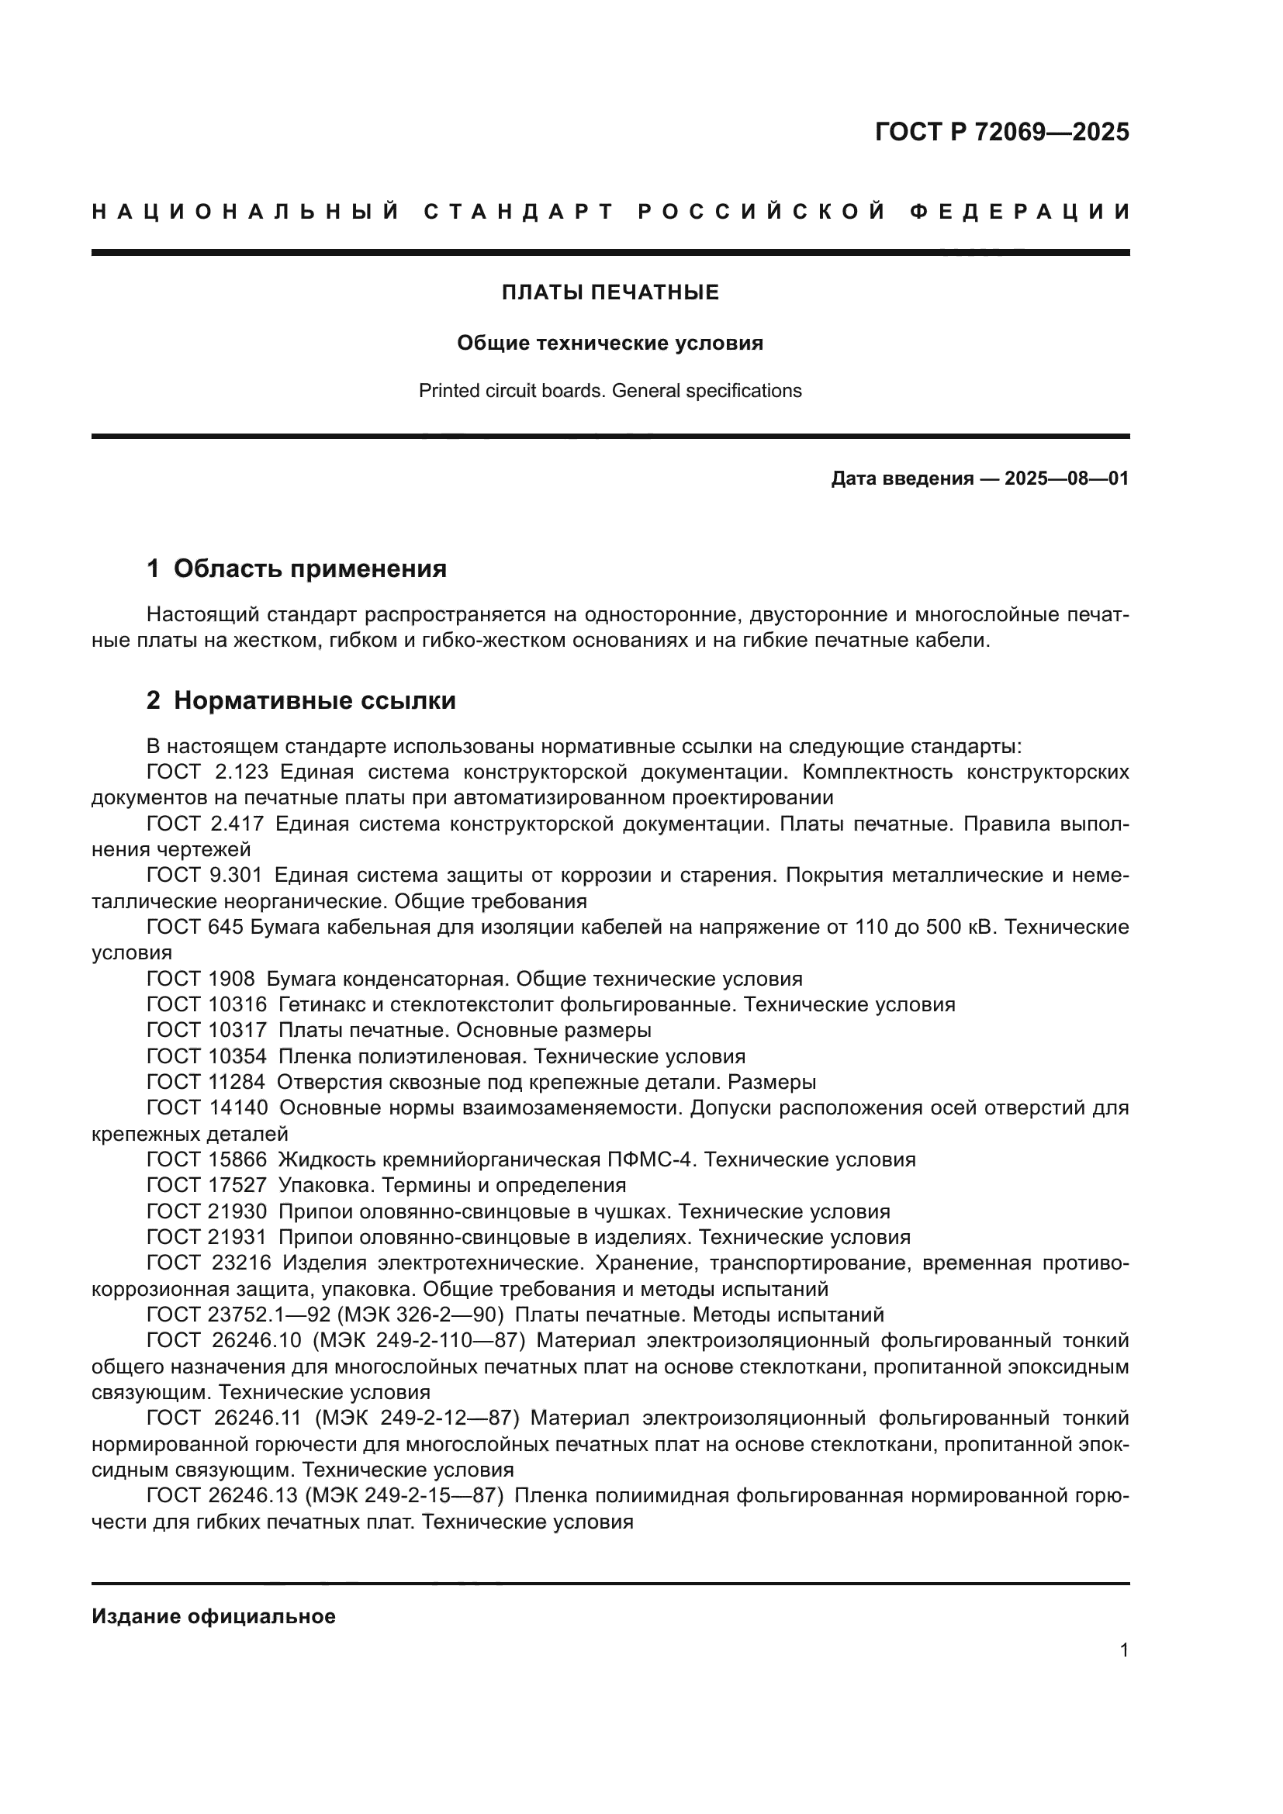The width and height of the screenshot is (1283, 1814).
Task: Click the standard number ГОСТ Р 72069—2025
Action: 1001,132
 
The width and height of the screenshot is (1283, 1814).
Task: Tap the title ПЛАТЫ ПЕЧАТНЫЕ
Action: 610,292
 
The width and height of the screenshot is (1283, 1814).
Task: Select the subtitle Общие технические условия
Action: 610,343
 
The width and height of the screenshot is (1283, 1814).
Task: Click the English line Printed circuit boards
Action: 610,391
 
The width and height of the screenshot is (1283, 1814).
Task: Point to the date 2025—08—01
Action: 1066,479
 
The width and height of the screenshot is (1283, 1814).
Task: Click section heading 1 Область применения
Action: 296,568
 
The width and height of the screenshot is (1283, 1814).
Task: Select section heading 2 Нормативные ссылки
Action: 301,701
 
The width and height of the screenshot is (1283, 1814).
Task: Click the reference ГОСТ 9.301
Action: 205,876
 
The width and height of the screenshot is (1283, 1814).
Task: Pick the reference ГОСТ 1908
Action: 201,980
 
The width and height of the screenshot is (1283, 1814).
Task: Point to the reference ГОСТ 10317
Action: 206,1031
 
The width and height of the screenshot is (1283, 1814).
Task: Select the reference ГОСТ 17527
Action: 206,1185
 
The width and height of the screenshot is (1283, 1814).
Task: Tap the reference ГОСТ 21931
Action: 206,1237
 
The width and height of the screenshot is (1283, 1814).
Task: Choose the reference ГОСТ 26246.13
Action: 222,1495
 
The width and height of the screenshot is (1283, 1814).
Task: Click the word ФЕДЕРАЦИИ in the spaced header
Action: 1020,212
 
